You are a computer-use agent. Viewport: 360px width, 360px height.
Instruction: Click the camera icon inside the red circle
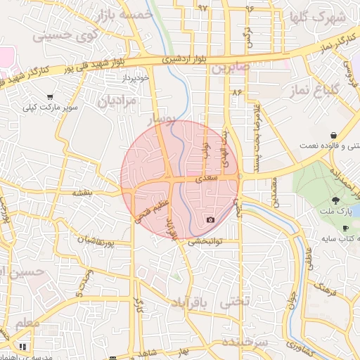[210, 220]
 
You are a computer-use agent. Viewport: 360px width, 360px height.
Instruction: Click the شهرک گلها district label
[318, 16]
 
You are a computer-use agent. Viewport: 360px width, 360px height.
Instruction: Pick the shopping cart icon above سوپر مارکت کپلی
[50, 97]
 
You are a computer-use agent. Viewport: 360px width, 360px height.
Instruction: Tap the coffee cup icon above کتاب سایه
[345, 229]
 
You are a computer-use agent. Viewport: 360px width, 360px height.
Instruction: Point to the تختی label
[236, 302]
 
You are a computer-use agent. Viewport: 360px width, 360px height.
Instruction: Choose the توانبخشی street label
[205, 240]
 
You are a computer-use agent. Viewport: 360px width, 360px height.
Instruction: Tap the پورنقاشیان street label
[94, 241]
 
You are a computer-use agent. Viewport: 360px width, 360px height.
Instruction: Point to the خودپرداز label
[135, 78]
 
